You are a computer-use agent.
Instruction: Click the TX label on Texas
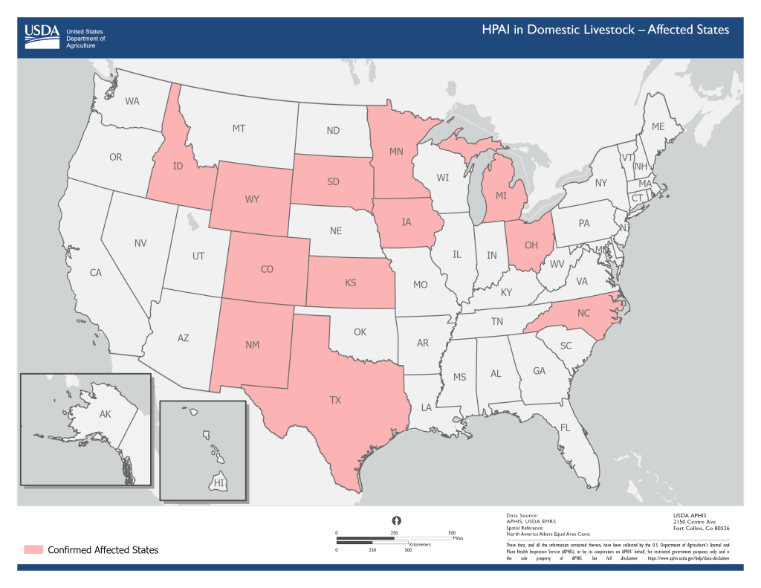click(335, 400)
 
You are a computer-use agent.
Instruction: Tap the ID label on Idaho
click(178, 166)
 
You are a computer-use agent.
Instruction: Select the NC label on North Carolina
click(583, 313)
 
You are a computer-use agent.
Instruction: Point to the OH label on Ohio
click(531, 245)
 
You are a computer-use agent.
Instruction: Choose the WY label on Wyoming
click(252, 200)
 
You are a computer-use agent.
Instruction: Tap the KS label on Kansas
click(351, 282)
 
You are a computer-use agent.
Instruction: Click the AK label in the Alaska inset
click(105, 415)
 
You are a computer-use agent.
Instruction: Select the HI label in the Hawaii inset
click(218, 483)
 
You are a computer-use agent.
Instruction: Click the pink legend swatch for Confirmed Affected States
click(33, 550)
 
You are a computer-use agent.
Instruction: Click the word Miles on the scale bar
click(458, 537)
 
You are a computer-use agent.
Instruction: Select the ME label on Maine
click(658, 127)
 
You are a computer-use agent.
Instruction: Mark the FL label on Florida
click(565, 428)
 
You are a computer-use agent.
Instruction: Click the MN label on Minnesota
click(396, 152)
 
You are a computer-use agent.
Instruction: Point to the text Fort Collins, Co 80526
click(701, 529)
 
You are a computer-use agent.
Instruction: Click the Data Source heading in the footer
click(522, 515)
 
